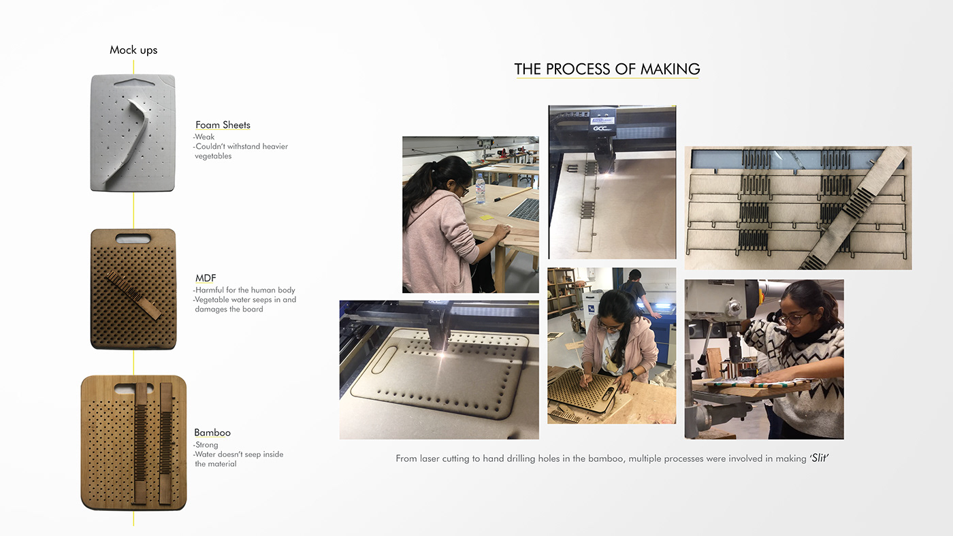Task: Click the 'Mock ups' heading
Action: (133, 50)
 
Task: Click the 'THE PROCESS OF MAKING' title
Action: (607, 69)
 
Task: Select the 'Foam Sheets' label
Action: (223, 125)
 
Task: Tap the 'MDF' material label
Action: (206, 278)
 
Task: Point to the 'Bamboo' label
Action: (212, 433)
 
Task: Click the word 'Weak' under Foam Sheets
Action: (205, 137)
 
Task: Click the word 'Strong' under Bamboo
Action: (206, 445)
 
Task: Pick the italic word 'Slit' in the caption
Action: (820, 458)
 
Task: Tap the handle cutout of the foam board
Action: (135, 81)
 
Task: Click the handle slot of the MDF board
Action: (133, 239)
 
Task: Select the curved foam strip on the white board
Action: (129, 139)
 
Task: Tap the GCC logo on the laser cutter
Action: (602, 129)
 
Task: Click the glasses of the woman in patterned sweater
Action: (794, 318)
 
